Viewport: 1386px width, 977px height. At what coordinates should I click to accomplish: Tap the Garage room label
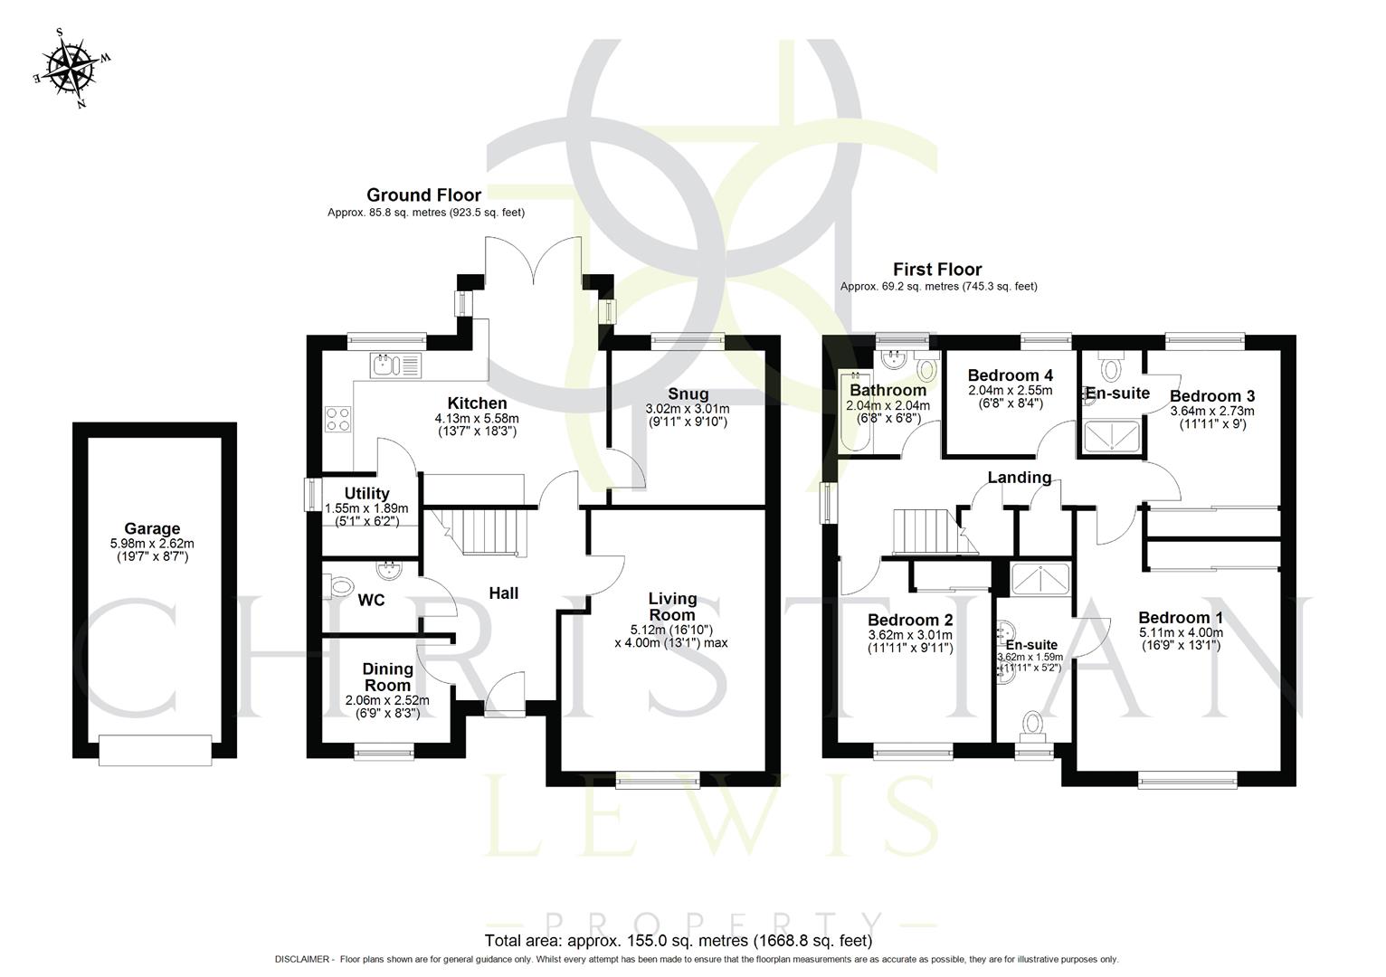point(152,529)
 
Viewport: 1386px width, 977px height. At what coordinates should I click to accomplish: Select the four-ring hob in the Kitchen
point(338,419)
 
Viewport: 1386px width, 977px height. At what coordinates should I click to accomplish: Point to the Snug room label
point(688,394)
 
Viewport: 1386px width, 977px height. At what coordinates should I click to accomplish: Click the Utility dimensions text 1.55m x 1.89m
point(366,508)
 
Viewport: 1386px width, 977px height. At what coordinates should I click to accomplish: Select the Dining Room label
point(387,677)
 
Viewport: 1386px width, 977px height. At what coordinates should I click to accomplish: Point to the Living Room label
point(672,606)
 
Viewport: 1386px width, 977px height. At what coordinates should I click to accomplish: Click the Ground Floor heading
point(423,194)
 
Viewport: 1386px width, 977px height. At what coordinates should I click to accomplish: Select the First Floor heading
point(936,269)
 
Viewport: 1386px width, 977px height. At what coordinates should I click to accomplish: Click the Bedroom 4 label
point(1010,375)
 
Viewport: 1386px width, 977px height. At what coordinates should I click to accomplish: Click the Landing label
point(1019,478)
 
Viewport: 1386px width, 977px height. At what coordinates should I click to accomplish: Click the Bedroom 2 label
point(909,621)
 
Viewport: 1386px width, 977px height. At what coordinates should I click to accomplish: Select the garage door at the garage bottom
point(155,750)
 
